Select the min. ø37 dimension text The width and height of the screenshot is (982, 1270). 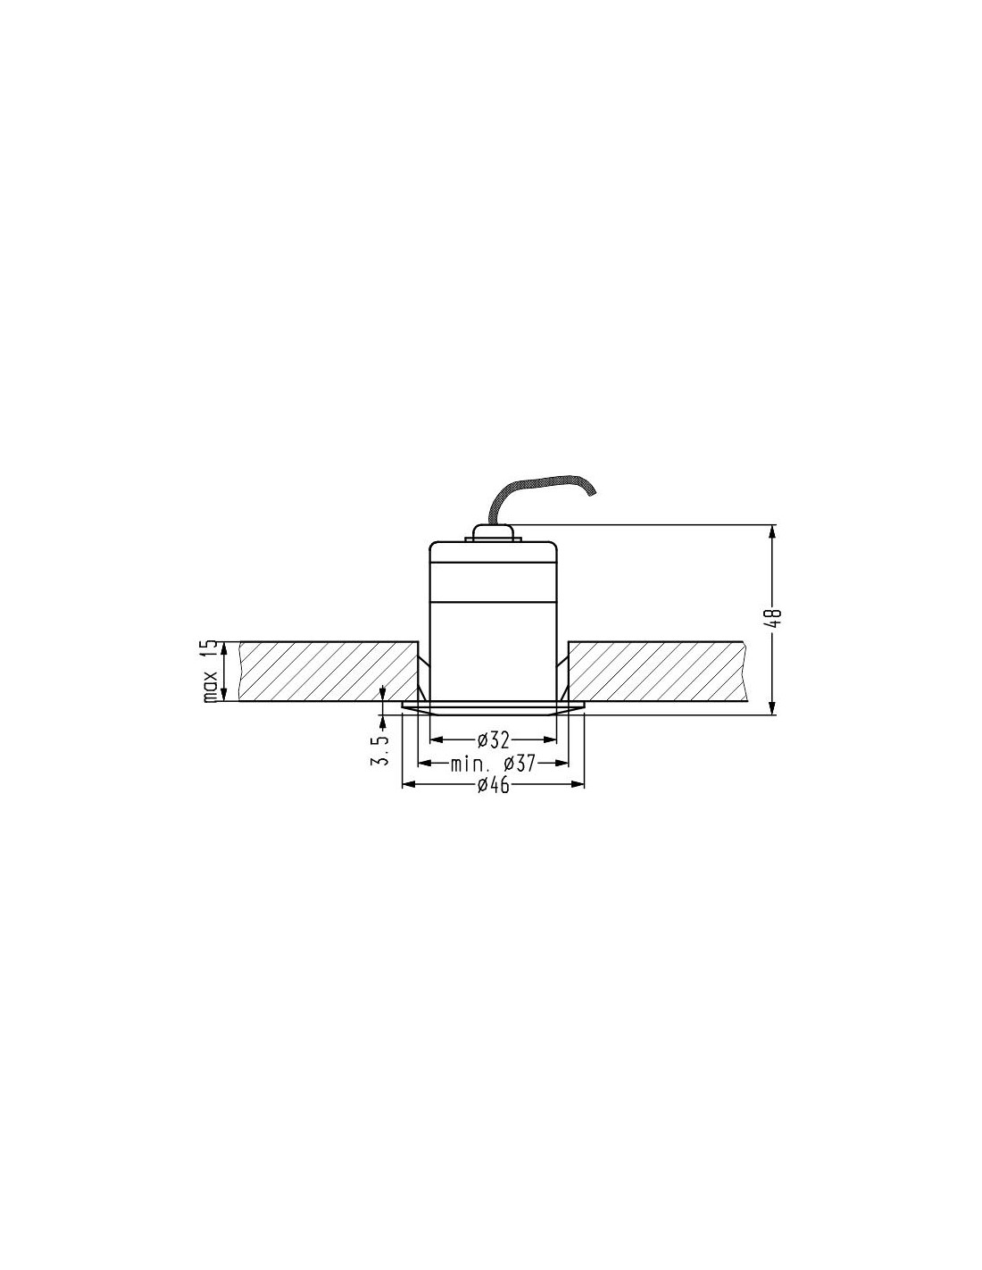[493, 763]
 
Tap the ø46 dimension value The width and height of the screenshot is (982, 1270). [493, 785]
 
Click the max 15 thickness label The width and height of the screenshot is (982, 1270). [211, 671]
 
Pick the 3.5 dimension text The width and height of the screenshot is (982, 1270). [380, 751]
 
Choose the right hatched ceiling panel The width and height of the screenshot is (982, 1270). [658, 671]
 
